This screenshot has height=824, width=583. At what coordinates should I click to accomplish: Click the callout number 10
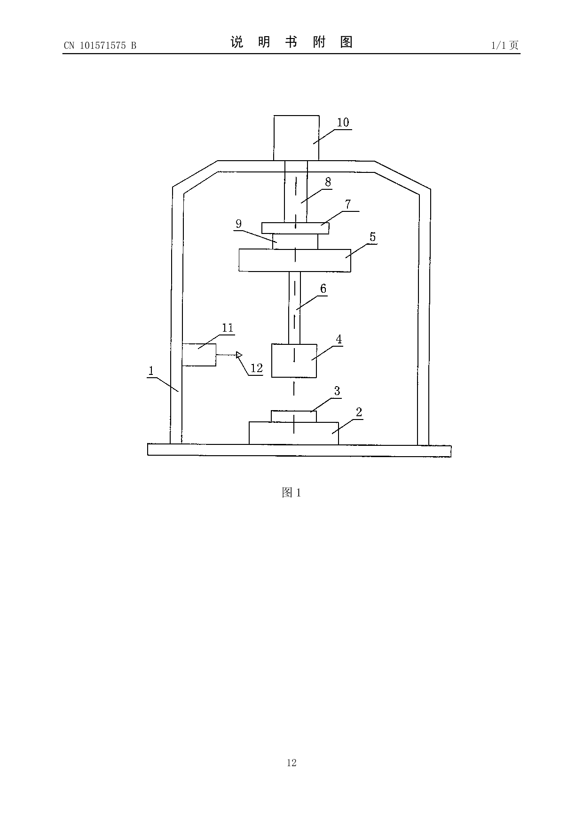[x=343, y=123]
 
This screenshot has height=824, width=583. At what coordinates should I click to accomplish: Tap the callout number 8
[x=328, y=182]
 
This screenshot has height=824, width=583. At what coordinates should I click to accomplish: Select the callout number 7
[x=348, y=204]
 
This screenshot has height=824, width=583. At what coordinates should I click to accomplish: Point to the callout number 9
[x=239, y=224]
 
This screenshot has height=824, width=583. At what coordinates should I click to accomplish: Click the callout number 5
[x=372, y=237]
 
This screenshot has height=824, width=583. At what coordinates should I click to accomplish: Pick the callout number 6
[x=323, y=288]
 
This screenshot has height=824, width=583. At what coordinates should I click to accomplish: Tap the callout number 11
[x=228, y=328]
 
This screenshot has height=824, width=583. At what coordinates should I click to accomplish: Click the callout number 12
[x=256, y=368]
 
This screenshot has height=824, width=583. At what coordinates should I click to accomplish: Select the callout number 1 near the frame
[x=151, y=371]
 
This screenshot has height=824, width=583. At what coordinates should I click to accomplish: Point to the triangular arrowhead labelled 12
[x=239, y=355]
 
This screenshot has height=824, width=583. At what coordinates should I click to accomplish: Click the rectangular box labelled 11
[x=199, y=355]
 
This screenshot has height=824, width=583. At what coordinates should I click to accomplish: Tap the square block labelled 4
[x=294, y=360]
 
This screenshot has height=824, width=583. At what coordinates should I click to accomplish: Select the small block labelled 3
[x=294, y=416]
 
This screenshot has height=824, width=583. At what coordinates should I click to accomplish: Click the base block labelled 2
[x=294, y=433]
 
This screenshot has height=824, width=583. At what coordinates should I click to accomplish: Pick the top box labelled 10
[x=296, y=138]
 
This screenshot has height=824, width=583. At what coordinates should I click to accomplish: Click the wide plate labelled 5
[x=294, y=260]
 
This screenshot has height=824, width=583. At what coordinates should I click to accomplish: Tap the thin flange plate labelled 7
[x=295, y=228]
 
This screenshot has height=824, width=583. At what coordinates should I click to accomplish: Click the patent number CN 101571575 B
[x=100, y=46]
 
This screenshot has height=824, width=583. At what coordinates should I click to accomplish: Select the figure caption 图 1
[x=291, y=492]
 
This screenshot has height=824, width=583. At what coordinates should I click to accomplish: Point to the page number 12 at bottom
[x=291, y=762]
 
